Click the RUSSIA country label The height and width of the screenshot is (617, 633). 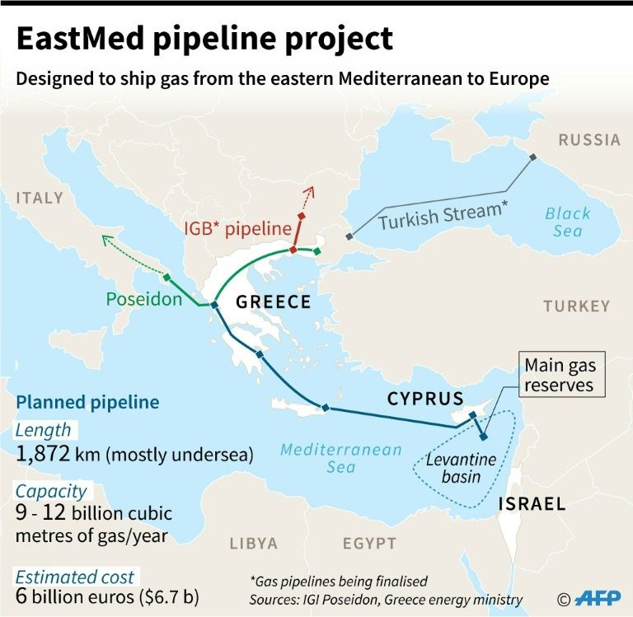[588, 139]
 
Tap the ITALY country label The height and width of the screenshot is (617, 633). [39, 198]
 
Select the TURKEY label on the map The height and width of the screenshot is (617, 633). [576, 306]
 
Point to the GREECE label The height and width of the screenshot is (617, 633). [273, 302]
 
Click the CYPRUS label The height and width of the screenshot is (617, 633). [425, 400]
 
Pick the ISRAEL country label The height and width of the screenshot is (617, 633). [532, 503]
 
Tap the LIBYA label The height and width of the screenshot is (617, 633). [254, 544]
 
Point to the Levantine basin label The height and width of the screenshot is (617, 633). [453, 467]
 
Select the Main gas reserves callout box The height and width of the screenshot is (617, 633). [561, 375]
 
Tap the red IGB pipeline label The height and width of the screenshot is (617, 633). [238, 228]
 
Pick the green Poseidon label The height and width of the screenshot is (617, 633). [143, 299]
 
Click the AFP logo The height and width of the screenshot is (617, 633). [599, 598]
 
